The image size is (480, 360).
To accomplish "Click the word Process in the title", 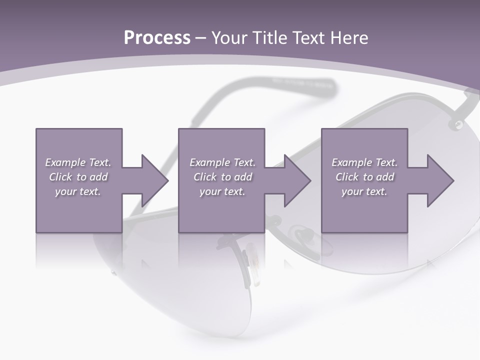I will pyautogui.click(x=157, y=38).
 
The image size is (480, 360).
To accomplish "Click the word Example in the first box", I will pyautogui.click(x=65, y=162).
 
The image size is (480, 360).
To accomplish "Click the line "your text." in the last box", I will pyautogui.click(x=364, y=191).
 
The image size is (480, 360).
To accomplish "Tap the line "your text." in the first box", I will pyautogui.click(x=77, y=191).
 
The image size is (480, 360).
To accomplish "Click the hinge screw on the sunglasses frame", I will pyautogui.click(x=457, y=123).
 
